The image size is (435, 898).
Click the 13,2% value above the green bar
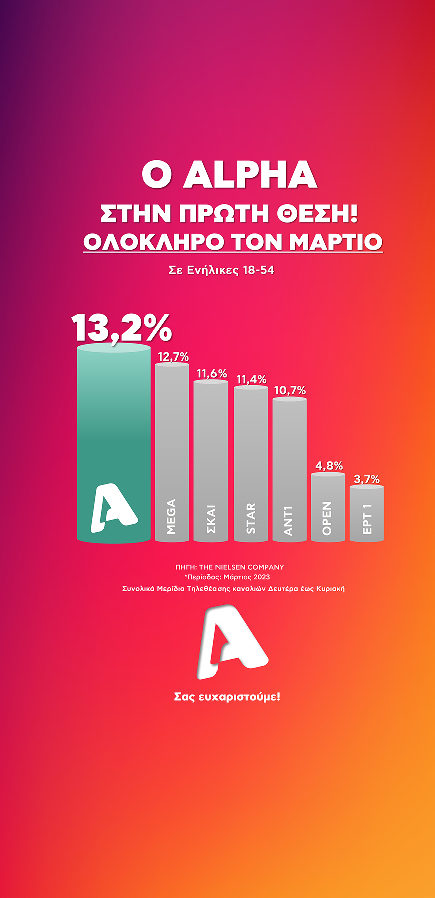[122, 328]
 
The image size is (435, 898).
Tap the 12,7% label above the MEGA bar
[173, 357]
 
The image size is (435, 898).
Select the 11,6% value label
[211, 374]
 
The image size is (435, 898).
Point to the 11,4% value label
[251, 380]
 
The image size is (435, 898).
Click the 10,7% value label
[290, 390]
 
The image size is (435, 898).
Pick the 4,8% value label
[329, 466]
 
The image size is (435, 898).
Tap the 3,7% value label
[367, 479]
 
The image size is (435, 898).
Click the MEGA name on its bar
[171, 517]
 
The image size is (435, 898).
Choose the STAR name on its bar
[251, 518]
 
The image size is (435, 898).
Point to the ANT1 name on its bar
[289, 521]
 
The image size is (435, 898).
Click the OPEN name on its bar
[327, 518]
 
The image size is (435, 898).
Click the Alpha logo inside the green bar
[113, 507]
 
